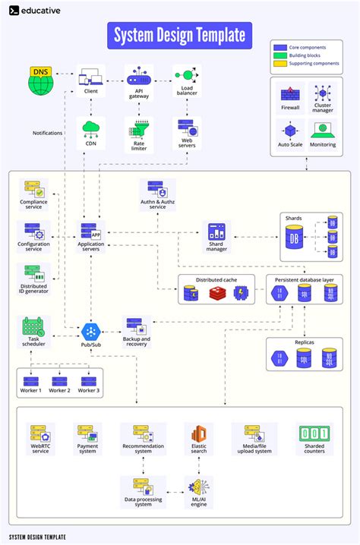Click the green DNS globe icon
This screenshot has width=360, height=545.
[41, 80]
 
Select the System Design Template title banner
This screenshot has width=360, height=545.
[180, 35]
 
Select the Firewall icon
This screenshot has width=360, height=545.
[290, 95]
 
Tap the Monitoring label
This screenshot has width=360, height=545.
[323, 144]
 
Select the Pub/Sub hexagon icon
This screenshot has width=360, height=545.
[91, 332]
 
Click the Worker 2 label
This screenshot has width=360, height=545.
[59, 390]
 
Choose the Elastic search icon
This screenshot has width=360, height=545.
[198, 434]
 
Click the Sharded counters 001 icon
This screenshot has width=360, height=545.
[315, 434]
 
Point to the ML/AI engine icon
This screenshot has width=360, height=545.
[198, 487]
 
